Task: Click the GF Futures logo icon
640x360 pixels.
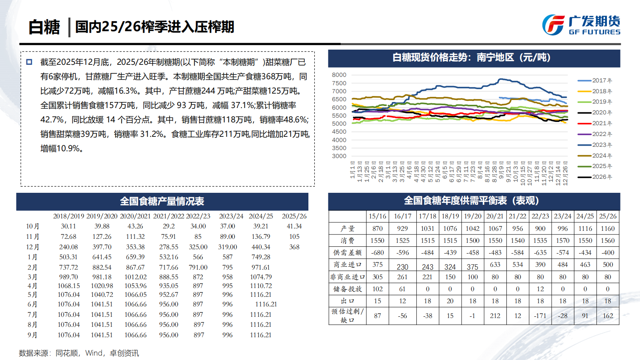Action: click(553, 25)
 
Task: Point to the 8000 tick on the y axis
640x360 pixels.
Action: click(339, 75)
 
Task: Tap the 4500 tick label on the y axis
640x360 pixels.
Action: click(339, 132)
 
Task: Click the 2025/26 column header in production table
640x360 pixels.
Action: click(294, 216)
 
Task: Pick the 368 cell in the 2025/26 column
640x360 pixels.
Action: click(294, 247)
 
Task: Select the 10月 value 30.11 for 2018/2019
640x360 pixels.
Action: click(68, 226)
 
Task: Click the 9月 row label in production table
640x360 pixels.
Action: click(32, 335)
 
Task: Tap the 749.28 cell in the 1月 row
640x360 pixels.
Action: click(261, 257)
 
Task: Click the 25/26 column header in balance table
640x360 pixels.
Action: click(608, 216)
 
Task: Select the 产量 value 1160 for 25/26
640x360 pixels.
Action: click(608, 228)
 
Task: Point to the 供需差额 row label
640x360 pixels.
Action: click(347, 252)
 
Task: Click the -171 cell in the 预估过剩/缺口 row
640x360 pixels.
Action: click(540, 316)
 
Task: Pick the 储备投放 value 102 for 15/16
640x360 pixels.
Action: click(377, 289)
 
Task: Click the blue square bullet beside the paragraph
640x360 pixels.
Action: click(29, 62)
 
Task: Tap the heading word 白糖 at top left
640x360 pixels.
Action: click(44, 27)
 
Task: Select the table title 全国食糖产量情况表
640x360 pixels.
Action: click(162, 201)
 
